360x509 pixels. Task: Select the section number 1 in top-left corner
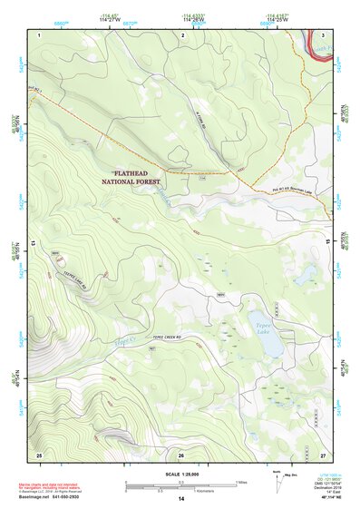pos(40,34)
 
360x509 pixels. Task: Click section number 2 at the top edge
pos(182,34)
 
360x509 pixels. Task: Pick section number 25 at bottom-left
pos(39,454)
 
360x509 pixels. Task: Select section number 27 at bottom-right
pos(322,454)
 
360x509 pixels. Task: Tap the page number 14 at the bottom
pos(180,500)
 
